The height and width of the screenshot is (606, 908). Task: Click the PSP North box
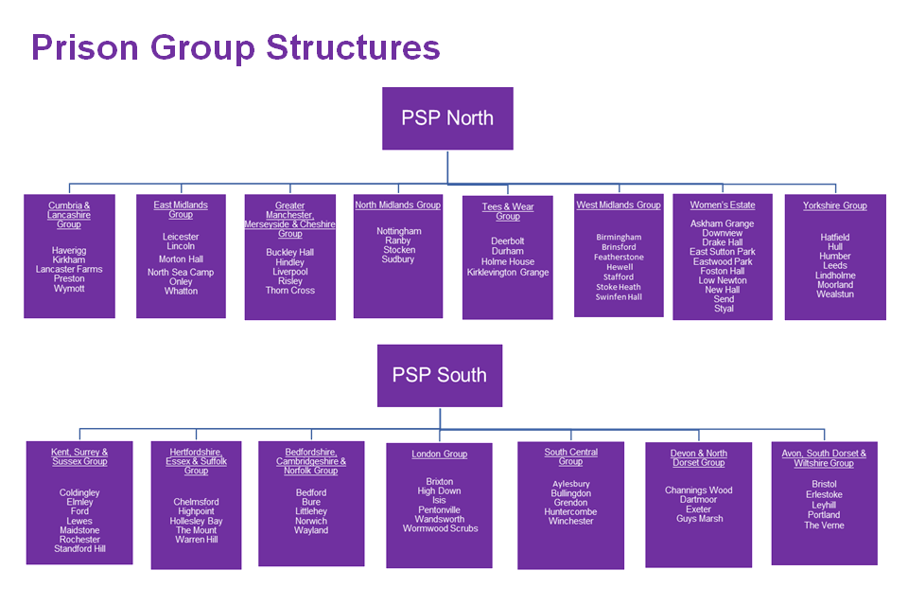pos(447,118)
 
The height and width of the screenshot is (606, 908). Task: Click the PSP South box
pos(439,375)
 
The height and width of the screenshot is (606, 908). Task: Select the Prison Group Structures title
pos(236,47)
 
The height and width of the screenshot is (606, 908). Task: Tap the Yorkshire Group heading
pos(835,205)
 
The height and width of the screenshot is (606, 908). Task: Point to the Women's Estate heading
pos(723,205)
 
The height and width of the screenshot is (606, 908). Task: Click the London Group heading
pos(439,454)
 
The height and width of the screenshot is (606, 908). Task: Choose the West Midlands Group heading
pos(619,205)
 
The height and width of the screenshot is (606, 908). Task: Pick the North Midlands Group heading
pos(397,205)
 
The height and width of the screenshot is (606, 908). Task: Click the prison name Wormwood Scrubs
pos(440,528)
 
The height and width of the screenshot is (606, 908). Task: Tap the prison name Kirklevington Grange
pos(508,273)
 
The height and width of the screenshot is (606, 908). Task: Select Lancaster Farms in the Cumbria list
pos(69,269)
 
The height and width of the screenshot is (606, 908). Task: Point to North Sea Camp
pos(181,273)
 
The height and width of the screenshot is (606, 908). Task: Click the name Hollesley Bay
pos(196,521)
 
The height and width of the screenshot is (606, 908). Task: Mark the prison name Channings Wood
pos(699,490)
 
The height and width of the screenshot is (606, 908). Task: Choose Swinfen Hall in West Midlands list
pos(619,297)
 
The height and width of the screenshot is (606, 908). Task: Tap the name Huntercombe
pos(570,512)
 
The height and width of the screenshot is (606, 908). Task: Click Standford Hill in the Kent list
pos(79,549)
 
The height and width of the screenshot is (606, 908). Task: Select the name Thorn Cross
pos(290,291)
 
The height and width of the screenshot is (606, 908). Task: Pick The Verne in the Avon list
pos(824,526)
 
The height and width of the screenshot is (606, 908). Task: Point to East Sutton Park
pos(723,252)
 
